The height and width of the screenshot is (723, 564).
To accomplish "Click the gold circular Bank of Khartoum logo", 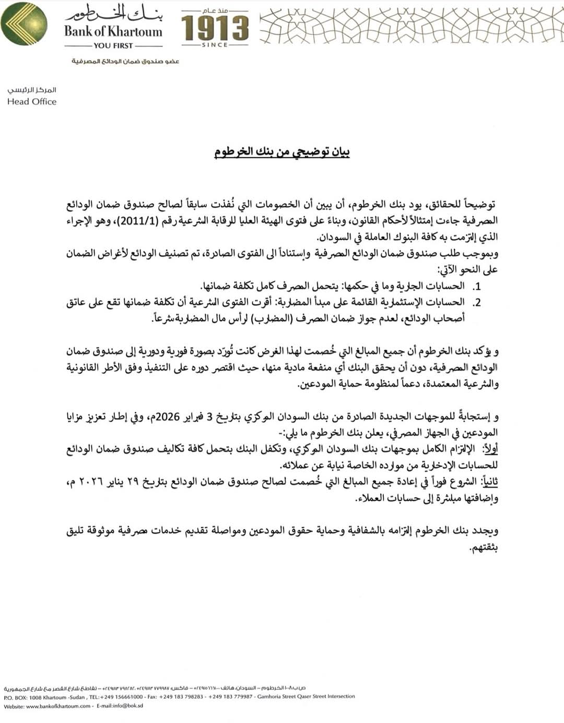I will pyautogui.click(x=24, y=24).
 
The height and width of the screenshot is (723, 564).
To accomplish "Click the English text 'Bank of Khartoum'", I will pyautogui.click(x=113, y=31).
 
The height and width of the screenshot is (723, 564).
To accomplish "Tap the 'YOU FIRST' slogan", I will pyautogui.click(x=113, y=45).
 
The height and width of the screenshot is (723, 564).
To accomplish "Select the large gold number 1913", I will pyautogui.click(x=215, y=28).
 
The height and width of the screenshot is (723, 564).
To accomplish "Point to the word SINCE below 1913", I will pyautogui.click(x=215, y=45).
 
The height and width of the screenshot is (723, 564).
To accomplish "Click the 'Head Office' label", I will pyautogui.click(x=32, y=102).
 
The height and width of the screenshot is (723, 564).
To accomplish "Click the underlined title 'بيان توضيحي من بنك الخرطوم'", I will pyautogui.click(x=282, y=152).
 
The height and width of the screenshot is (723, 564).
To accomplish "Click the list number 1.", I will pyautogui.click(x=477, y=287).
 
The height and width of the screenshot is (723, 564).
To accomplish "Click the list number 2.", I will pyautogui.click(x=477, y=303).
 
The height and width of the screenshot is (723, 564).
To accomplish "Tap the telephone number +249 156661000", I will pyautogui.click(x=116, y=697).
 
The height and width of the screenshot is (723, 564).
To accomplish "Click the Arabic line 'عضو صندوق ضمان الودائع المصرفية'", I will pyautogui.click(x=125, y=62).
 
